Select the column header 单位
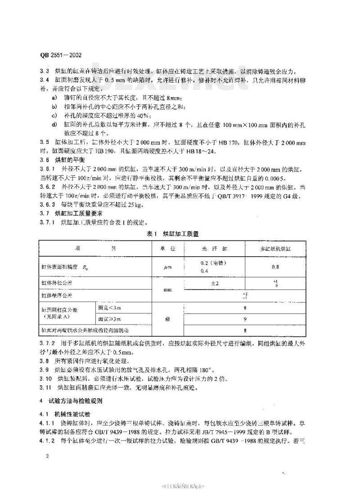167,248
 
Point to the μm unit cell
167,267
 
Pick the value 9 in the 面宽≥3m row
244,320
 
